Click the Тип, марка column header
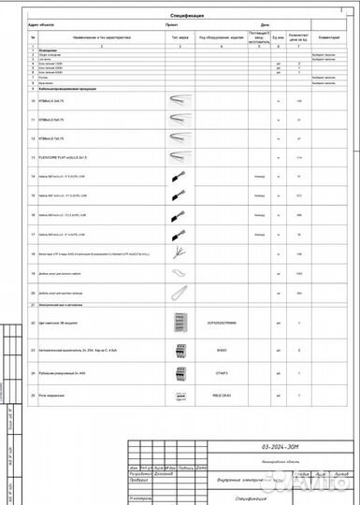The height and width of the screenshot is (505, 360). pos(178,38)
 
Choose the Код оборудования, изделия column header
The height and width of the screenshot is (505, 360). pos(219,38)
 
